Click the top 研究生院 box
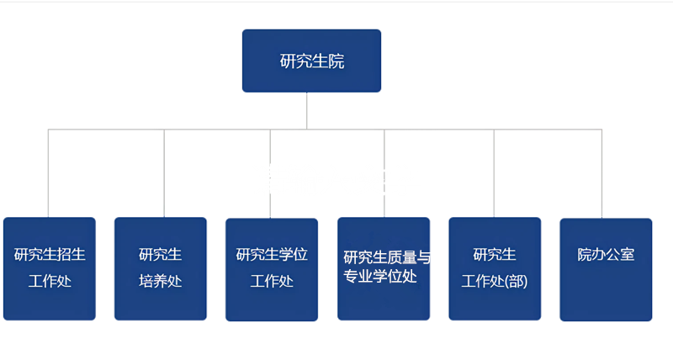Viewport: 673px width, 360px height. (311, 61)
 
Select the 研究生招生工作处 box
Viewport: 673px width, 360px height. (50, 268)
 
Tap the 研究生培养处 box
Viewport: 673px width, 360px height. (161, 268)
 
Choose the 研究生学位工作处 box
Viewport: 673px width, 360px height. (272, 269)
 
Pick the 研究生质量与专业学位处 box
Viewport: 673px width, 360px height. (384, 268)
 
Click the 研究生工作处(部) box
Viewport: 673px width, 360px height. (495, 268)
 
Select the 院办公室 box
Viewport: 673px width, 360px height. (606, 269)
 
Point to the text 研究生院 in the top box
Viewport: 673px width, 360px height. (312, 61)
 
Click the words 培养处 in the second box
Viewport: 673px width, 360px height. (161, 282)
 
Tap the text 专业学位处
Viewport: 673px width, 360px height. (380, 277)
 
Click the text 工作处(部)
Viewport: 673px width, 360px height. (495, 282)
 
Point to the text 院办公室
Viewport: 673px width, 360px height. (606, 255)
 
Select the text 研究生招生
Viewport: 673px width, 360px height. (50, 255)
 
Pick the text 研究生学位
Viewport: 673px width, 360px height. (272, 255)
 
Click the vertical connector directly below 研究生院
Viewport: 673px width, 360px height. (306, 111)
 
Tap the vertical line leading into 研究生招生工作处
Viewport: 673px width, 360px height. (48, 173)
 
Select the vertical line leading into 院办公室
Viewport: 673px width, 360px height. (601, 173)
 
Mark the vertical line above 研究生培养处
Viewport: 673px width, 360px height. (164, 173)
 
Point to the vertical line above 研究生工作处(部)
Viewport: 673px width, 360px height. (494, 173)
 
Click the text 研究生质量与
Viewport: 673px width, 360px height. (387, 257)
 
